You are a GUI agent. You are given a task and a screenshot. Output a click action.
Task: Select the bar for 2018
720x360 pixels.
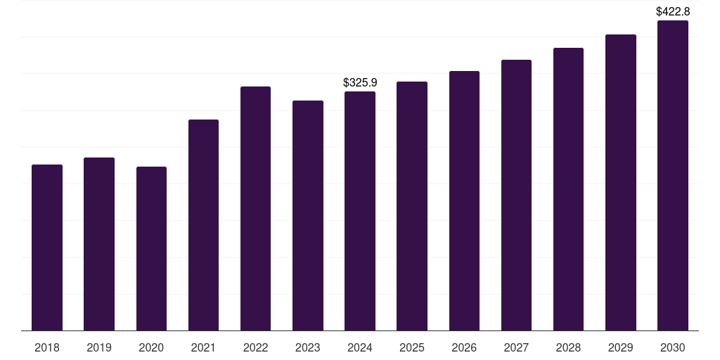pos(47,247)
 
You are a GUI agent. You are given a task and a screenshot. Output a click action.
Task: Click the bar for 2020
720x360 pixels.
pos(152,248)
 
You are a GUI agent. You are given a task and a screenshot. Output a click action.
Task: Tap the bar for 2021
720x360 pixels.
pos(203,225)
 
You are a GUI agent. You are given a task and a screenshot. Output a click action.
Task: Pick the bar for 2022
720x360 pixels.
pos(255,208)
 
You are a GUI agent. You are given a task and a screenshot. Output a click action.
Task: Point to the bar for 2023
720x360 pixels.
pos(308,215)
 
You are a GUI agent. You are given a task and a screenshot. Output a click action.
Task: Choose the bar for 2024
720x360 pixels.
pos(360,211)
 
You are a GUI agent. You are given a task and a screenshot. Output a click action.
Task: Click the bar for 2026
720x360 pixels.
pos(464,200)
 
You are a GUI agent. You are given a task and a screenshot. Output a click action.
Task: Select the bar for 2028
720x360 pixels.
pos(568,189)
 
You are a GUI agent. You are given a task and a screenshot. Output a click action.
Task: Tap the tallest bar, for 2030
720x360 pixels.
pos(673,175)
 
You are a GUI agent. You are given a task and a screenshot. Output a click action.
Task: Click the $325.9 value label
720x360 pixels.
pos(360,83)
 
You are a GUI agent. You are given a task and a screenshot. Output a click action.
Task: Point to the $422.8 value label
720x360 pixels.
pos(673,11)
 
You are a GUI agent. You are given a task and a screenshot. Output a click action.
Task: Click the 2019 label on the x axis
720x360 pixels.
pos(99,347)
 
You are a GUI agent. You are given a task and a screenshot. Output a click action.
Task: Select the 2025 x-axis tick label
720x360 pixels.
pos(412,347)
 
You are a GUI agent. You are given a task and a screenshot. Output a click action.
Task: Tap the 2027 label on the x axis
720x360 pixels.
pos(516,347)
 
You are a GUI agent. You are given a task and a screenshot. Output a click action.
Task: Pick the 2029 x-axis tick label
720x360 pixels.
pos(620,347)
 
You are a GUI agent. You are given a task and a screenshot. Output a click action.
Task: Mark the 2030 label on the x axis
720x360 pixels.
pos(673,347)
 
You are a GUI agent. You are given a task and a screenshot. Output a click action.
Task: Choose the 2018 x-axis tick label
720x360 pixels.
pos(47,347)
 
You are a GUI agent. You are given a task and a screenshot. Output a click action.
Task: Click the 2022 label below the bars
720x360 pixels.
pos(255,347)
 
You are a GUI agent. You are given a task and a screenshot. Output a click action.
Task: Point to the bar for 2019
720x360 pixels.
pos(99,244)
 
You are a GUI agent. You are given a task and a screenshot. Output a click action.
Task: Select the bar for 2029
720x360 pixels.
pos(621,182)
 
